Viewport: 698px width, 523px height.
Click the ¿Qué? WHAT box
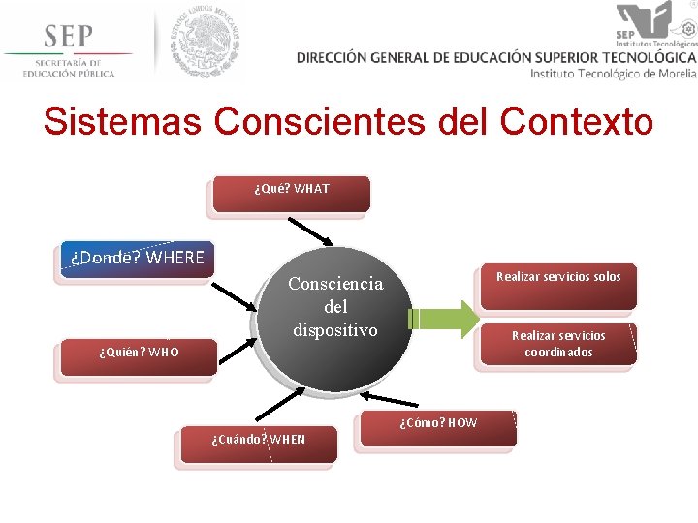click(292, 191)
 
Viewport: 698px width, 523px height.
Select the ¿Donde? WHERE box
click(137, 260)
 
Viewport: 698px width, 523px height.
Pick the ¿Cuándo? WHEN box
click(258, 441)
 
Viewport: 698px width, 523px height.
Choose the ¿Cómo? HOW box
click(438, 426)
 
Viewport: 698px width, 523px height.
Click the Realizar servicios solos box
click(558, 285)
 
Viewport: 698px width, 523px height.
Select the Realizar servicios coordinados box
click(558, 344)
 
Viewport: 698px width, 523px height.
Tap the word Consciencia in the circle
click(335, 284)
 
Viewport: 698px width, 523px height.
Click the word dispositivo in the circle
click(335, 330)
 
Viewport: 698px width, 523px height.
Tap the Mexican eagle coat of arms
click(205, 41)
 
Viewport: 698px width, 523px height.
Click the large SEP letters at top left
click(68, 36)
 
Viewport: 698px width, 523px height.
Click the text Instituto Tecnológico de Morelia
click(613, 74)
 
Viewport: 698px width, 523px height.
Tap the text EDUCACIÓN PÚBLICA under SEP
click(69, 73)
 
